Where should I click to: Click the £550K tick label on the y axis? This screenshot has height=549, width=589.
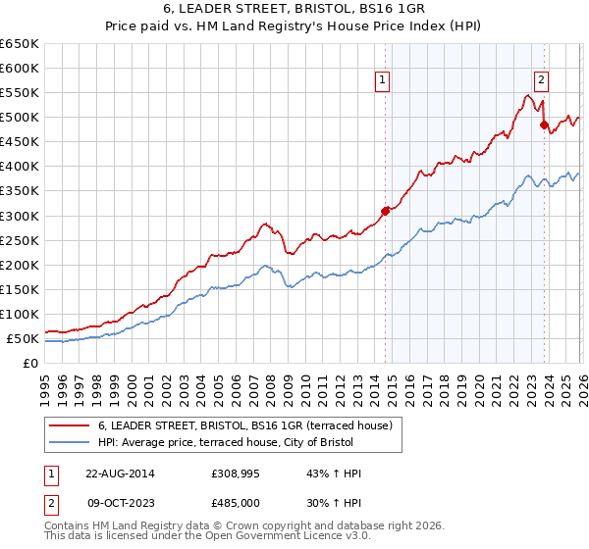20,93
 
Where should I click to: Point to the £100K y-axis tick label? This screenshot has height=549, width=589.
20,314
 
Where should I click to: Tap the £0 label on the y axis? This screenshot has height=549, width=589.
29,363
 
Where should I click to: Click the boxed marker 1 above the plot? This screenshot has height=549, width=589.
381,81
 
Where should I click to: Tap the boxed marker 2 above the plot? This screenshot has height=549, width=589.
541,81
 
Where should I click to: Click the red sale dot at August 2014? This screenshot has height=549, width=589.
386,210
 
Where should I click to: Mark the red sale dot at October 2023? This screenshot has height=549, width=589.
544,125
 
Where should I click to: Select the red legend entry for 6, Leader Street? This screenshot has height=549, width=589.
245,425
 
